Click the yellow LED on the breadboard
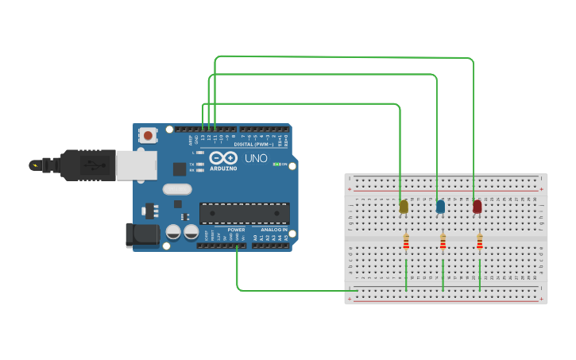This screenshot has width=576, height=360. tap(404, 207)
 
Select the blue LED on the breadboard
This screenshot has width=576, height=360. tap(440, 207)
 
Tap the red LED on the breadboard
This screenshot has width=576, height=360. tap(477, 207)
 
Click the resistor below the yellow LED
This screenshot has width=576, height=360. tap(406, 242)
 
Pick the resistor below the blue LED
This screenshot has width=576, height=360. tap(443, 242)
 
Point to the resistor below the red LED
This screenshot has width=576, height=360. tap(480, 242)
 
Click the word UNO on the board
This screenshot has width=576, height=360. tap(256, 158)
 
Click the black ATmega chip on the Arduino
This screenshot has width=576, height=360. tap(244, 213)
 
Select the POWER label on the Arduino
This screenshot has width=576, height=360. tap(236, 230)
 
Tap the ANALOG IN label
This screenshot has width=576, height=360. tap(269, 230)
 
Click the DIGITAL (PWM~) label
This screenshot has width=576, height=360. tap(254, 144)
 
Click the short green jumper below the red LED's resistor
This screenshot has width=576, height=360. tap(480, 275)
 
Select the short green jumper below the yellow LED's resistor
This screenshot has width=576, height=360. tap(406, 275)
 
